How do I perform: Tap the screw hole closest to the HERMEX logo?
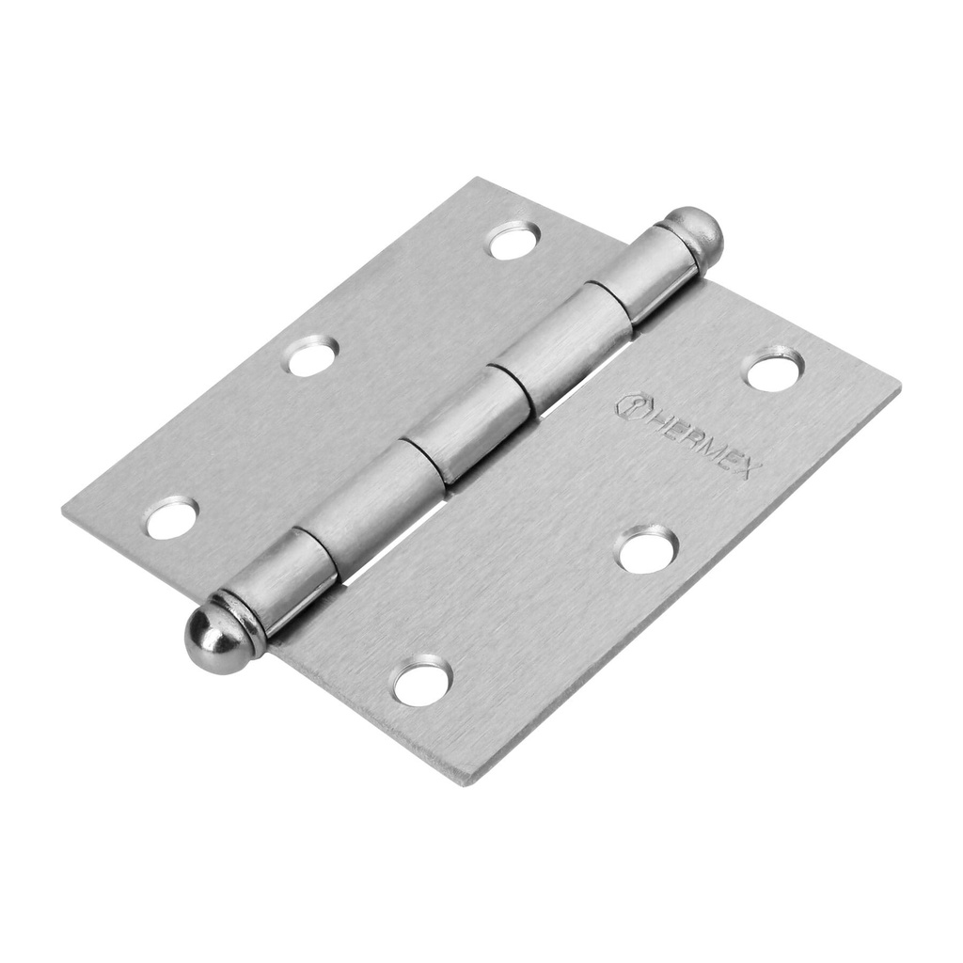773,369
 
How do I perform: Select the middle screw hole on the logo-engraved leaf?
646,548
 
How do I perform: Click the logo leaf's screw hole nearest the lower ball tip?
422,680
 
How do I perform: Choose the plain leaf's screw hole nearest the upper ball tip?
513,241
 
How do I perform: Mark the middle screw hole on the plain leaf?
311,356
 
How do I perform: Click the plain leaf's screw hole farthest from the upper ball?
172,517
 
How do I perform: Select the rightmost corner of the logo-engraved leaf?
897,385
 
